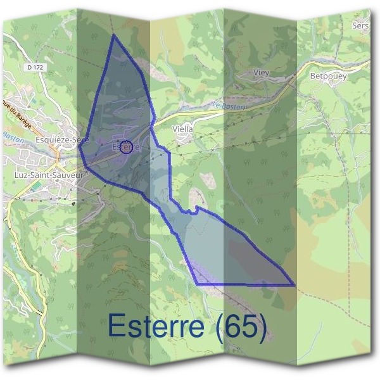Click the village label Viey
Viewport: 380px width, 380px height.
point(261,73)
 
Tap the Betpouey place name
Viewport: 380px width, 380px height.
point(329,75)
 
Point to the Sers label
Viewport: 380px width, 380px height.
point(360,26)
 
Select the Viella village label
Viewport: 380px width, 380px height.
point(182,128)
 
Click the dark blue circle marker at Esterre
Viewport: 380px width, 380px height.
point(126,148)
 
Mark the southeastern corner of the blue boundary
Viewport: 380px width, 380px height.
point(294,285)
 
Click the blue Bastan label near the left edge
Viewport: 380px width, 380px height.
point(11,136)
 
